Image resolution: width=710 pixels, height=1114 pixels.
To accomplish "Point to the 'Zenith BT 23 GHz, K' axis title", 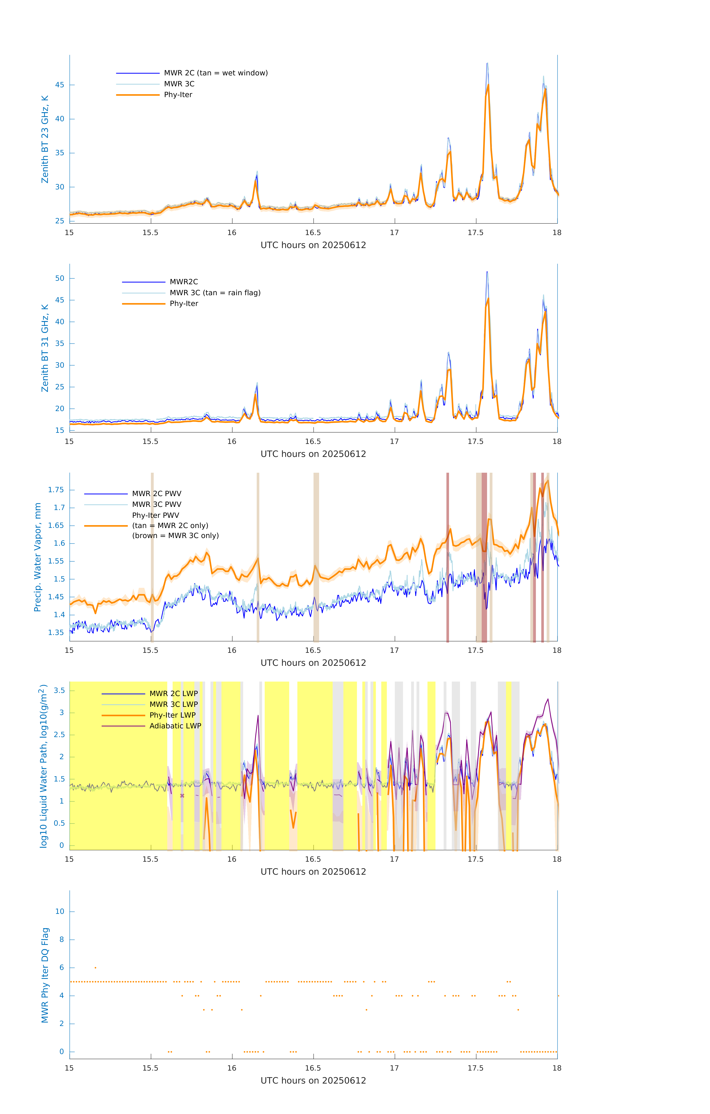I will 45,139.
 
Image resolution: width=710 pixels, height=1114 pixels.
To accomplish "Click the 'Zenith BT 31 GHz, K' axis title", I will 45,348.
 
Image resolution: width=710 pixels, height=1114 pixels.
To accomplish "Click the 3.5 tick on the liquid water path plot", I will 59,690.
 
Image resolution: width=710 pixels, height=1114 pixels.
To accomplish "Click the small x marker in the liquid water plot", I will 182,796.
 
